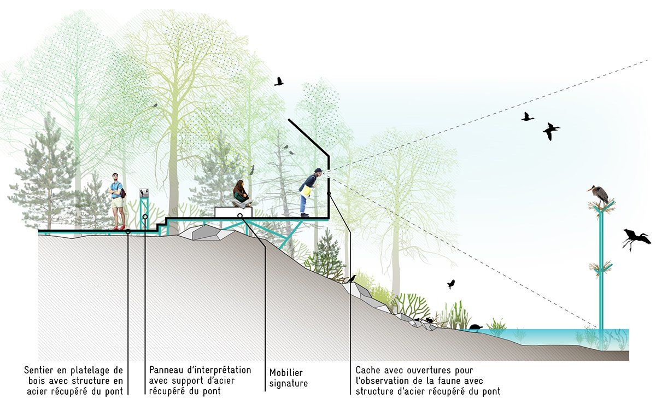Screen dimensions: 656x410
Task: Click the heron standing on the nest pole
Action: [599, 195]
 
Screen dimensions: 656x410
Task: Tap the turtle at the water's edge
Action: [475, 327]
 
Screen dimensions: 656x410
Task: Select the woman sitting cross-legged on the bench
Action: [242, 194]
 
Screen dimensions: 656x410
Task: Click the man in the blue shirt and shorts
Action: [117, 201]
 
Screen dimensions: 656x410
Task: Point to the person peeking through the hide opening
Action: [310, 192]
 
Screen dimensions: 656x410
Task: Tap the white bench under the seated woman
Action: [233, 212]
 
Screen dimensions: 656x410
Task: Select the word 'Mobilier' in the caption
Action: [286, 373]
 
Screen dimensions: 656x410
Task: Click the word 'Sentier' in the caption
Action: [39, 370]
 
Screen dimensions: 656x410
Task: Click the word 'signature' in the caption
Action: [289, 384]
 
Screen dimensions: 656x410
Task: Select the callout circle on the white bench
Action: [240, 216]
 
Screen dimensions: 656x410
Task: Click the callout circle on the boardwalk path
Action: [128, 232]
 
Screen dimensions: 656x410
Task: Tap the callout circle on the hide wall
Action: [329, 194]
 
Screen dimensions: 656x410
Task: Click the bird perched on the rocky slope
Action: [352, 279]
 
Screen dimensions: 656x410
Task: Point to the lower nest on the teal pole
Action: [601, 268]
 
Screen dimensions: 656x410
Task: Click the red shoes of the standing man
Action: [119, 227]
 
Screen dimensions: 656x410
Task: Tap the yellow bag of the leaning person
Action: [306, 192]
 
